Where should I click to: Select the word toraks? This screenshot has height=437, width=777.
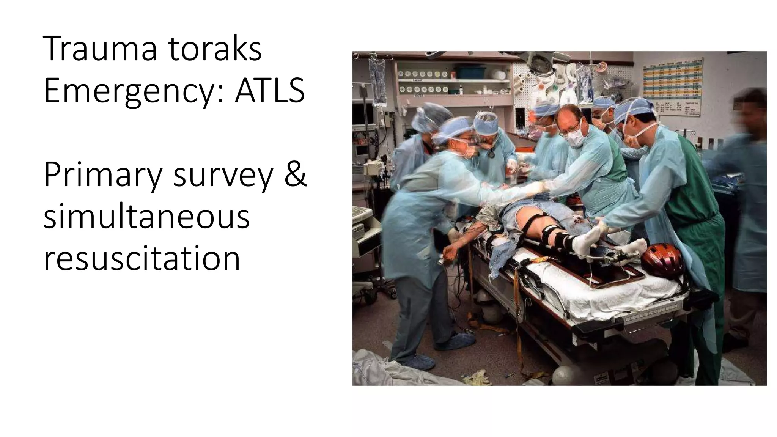tap(215, 49)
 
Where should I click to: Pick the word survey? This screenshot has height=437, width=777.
tap(223, 175)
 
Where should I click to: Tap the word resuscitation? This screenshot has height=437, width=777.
tap(142, 258)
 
